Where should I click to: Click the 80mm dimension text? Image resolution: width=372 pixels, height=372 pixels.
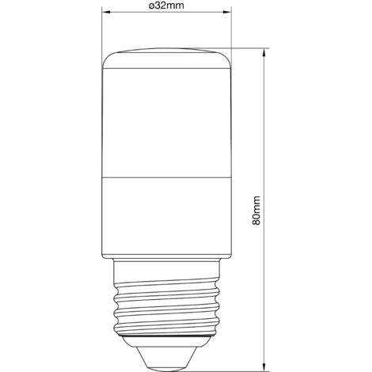[x=256, y=210]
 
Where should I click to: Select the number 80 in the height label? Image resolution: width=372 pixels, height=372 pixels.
[x=256, y=218]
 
